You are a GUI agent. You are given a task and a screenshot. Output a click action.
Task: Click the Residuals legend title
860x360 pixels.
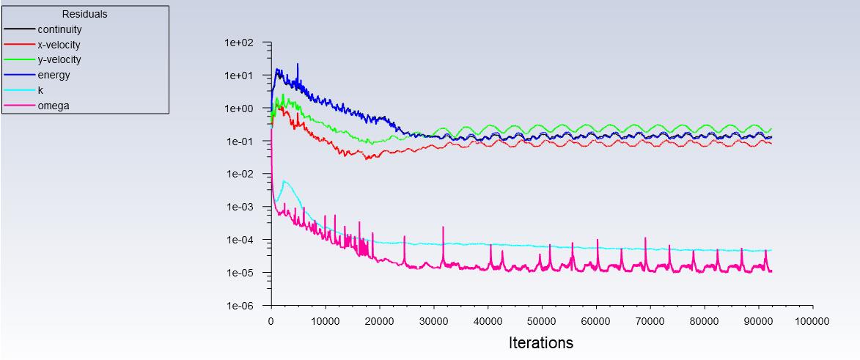85,14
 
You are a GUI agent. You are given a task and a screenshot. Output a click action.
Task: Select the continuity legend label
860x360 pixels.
60,29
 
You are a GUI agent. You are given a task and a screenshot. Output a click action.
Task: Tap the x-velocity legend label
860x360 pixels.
59,45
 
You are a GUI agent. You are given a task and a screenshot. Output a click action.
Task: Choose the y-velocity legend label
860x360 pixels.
59,60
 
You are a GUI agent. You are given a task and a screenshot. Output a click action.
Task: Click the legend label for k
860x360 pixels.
40,91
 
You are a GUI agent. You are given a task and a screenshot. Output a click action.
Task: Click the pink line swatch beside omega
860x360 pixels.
19,106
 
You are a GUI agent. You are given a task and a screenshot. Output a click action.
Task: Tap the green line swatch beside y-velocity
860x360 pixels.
19,60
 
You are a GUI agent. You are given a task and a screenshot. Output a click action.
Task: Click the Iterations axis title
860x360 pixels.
541,342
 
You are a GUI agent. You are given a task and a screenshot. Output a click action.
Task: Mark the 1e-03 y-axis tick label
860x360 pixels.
239,207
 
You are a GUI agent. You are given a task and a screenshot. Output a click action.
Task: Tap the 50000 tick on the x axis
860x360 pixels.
542,321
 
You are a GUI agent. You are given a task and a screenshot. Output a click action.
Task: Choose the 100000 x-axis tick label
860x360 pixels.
812,321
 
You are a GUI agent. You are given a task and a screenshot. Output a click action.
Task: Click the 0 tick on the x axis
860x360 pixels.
271,321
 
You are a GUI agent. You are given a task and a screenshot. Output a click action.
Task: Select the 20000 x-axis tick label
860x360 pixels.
379,321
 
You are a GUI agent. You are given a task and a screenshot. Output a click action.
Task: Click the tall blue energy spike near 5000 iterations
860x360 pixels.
298,65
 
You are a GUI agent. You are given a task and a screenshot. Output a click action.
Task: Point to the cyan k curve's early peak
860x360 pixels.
284,182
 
